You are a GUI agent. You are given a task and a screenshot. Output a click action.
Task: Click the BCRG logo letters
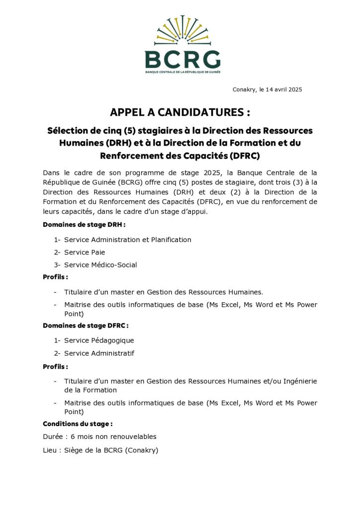tap(182, 60)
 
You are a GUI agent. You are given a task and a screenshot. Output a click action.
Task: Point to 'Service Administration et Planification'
tap(128, 240)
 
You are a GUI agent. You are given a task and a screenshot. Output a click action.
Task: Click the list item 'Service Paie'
tap(85, 253)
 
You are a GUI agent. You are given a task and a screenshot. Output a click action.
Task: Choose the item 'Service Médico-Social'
tap(100, 265)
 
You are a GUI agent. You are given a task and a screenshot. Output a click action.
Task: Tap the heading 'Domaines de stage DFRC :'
tap(86, 326)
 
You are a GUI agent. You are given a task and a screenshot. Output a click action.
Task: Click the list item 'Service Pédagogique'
tap(99, 340)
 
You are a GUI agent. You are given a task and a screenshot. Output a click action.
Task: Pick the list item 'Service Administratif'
tap(99, 353)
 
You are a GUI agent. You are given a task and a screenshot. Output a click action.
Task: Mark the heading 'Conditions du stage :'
tap(78, 424)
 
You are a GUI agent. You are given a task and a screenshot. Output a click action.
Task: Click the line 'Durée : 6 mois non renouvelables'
tap(100, 437)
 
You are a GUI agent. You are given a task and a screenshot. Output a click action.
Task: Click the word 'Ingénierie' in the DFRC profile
tap(300, 381)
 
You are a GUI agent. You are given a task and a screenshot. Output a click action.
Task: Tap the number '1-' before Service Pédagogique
tap(57, 340)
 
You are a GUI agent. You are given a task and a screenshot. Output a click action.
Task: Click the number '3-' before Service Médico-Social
tap(57, 265)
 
